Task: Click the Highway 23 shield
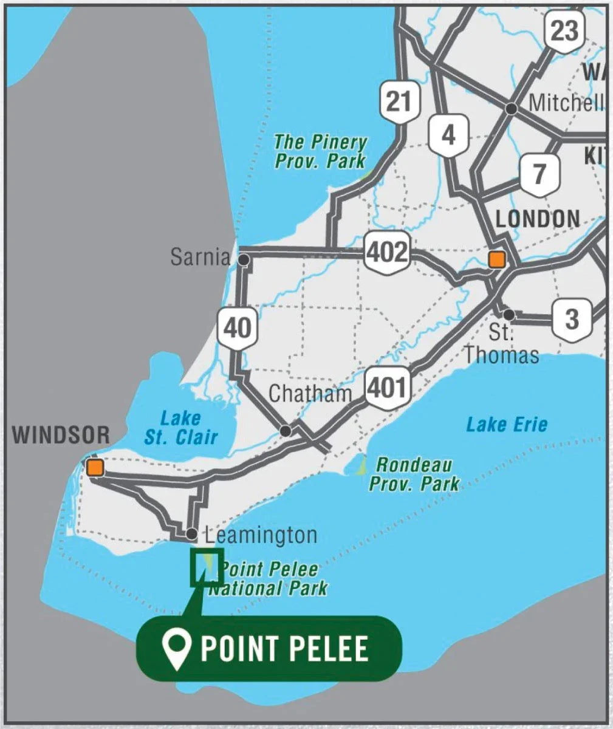click(x=564, y=30)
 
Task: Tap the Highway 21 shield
click(x=399, y=101)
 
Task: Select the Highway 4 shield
click(x=448, y=134)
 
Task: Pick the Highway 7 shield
click(x=539, y=174)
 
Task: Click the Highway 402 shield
click(x=387, y=252)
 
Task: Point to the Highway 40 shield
click(x=237, y=328)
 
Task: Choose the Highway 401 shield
click(x=386, y=387)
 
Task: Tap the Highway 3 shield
click(x=572, y=319)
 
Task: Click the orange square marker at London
click(x=497, y=259)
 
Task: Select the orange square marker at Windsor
click(x=95, y=467)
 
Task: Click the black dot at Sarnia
click(x=244, y=260)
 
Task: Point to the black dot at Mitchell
click(x=512, y=108)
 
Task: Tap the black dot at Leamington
click(x=192, y=534)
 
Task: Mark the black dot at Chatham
click(x=286, y=431)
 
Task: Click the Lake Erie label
click(x=507, y=424)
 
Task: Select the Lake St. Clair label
click(x=180, y=427)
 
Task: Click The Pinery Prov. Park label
click(x=320, y=151)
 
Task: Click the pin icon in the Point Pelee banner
click(x=177, y=649)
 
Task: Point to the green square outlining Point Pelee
click(x=207, y=567)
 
